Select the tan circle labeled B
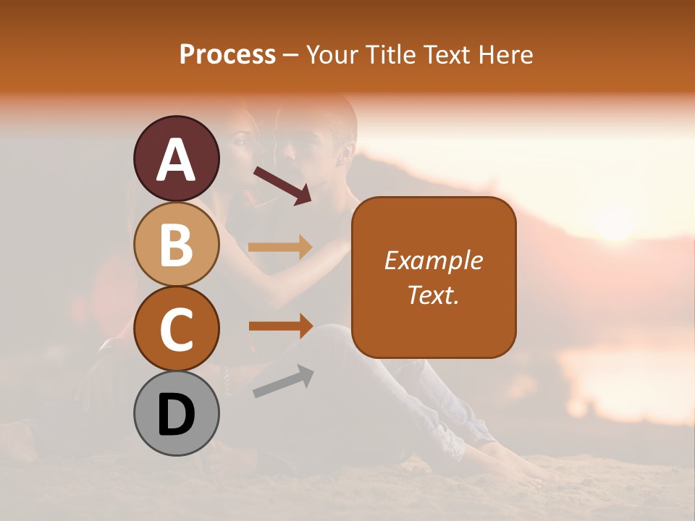pos(177,244)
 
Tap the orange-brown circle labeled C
pos(177,329)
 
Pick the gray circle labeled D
pos(177,414)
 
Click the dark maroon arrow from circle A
pos(282,185)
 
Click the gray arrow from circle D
pos(283,381)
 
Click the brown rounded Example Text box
pos(434,277)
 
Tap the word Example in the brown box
pos(434,260)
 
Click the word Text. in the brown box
pos(434,295)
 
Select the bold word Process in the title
pos(227,55)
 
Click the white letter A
pos(177,160)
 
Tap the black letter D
pos(177,415)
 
